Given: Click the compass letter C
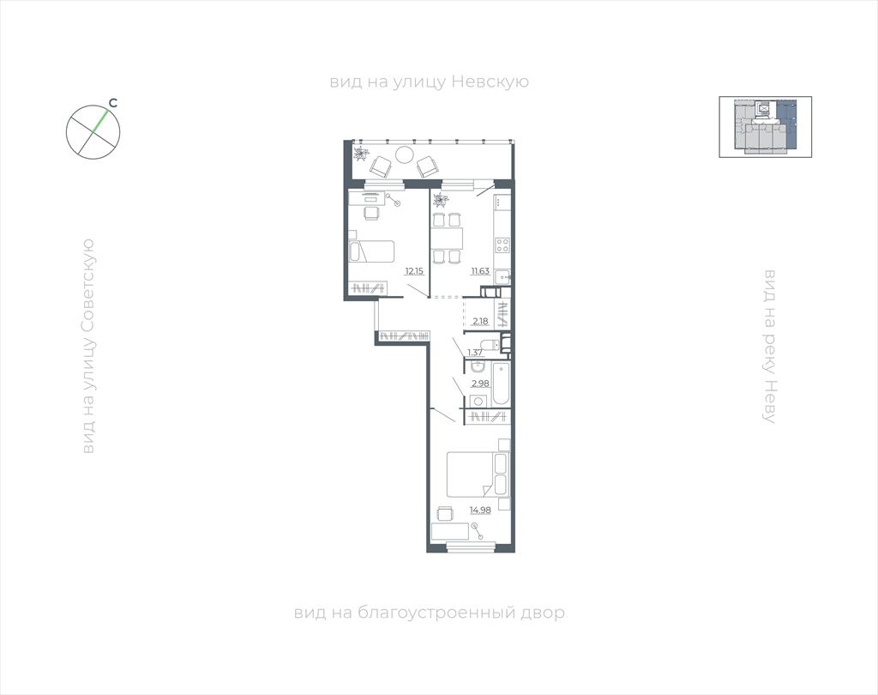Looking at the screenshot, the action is tap(112, 103).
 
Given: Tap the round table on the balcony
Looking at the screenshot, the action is tap(405, 154).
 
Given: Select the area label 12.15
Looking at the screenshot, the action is tap(414, 271).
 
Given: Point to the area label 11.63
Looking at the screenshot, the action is tap(480, 271).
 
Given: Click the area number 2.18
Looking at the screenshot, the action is tap(480, 321).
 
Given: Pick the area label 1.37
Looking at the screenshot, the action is tap(475, 353).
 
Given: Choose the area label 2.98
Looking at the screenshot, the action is tap(480, 384).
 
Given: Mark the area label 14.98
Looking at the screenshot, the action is tap(480, 510).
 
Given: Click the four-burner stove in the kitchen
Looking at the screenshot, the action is tap(502, 245).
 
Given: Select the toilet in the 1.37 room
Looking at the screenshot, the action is tap(490, 345).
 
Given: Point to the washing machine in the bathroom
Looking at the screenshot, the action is tap(478, 401).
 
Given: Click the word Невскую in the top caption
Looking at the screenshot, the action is tap(490, 82).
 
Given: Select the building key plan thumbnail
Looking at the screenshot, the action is tap(766, 127).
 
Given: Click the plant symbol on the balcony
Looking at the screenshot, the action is tap(362, 153).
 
